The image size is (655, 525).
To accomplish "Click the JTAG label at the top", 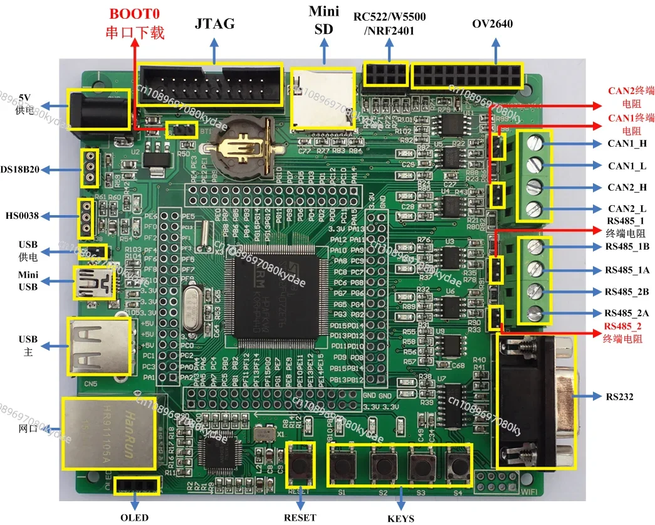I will point(215,24).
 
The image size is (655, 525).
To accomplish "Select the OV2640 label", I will point(492,24).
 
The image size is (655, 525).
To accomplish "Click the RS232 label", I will point(620,397).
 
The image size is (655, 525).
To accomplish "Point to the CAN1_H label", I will point(626,144).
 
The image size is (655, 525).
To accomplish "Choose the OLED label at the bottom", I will point(135,517).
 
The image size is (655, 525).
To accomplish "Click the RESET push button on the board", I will point(301,465).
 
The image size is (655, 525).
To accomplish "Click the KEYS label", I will point(401,519).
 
